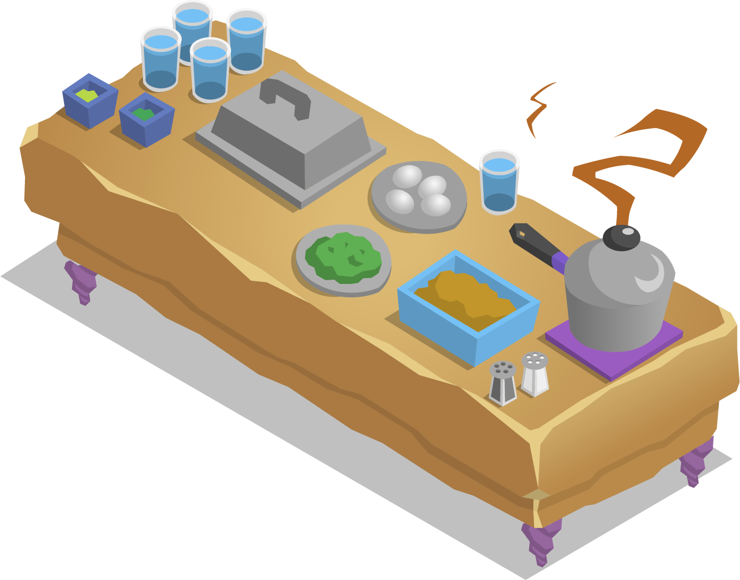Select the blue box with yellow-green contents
[89, 101]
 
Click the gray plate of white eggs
[418, 196]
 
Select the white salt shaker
[534, 373]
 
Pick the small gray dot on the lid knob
[628, 231]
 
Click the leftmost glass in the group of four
[161, 58]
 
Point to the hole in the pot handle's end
[522, 233]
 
